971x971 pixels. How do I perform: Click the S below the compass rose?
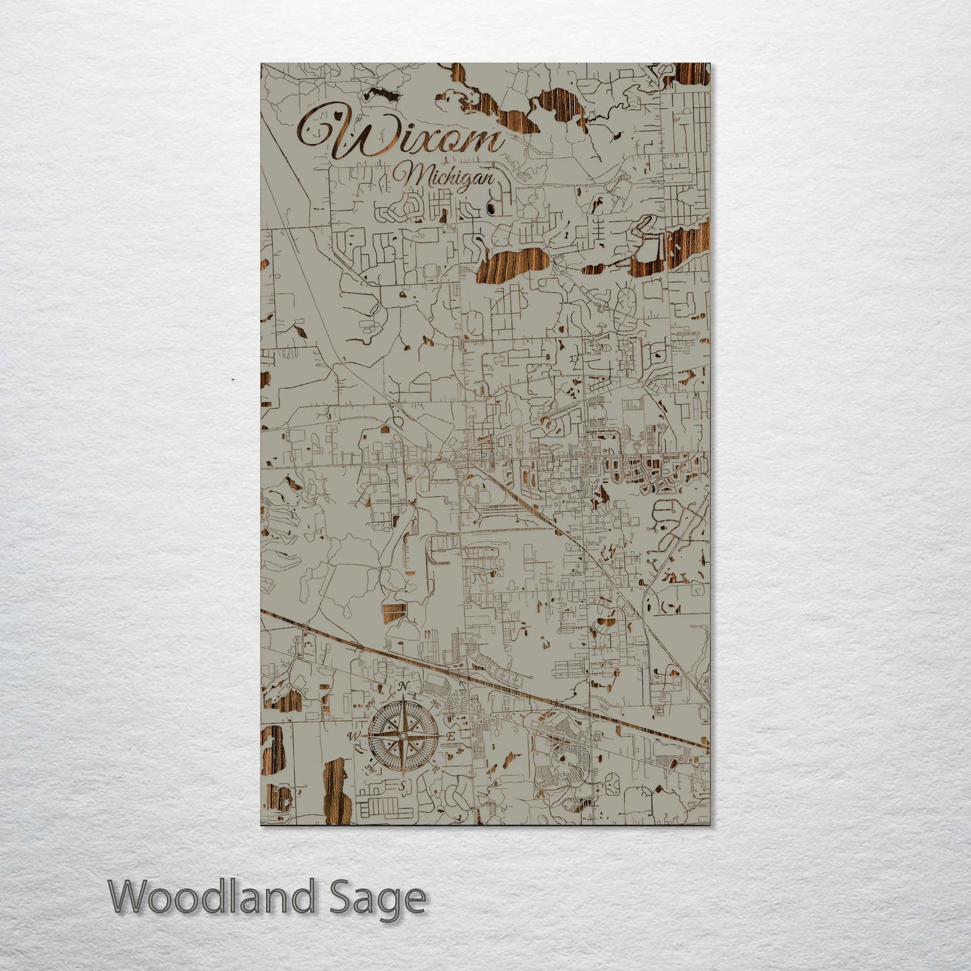403,786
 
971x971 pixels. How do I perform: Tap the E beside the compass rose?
452,737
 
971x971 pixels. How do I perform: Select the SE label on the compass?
435,768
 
